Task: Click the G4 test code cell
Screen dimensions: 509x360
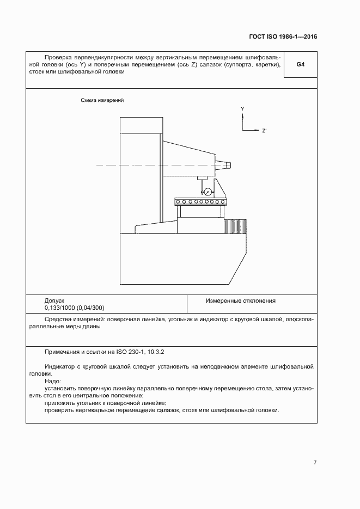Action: click(x=300, y=65)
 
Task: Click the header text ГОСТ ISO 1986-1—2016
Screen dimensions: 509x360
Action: click(x=279, y=37)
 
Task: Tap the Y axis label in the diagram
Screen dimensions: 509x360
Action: click(x=242, y=109)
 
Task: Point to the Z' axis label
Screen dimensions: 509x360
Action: click(x=264, y=131)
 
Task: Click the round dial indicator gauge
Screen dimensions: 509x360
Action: click(x=207, y=191)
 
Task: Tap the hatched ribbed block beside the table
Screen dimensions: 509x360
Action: click(x=235, y=225)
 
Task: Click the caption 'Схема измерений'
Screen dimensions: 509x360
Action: click(x=102, y=101)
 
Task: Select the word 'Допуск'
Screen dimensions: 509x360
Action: click(x=54, y=301)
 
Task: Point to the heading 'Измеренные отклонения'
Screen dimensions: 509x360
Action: click(x=240, y=301)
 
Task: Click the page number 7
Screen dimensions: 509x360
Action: click(x=315, y=462)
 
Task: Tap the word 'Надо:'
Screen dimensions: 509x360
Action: click(x=53, y=381)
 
